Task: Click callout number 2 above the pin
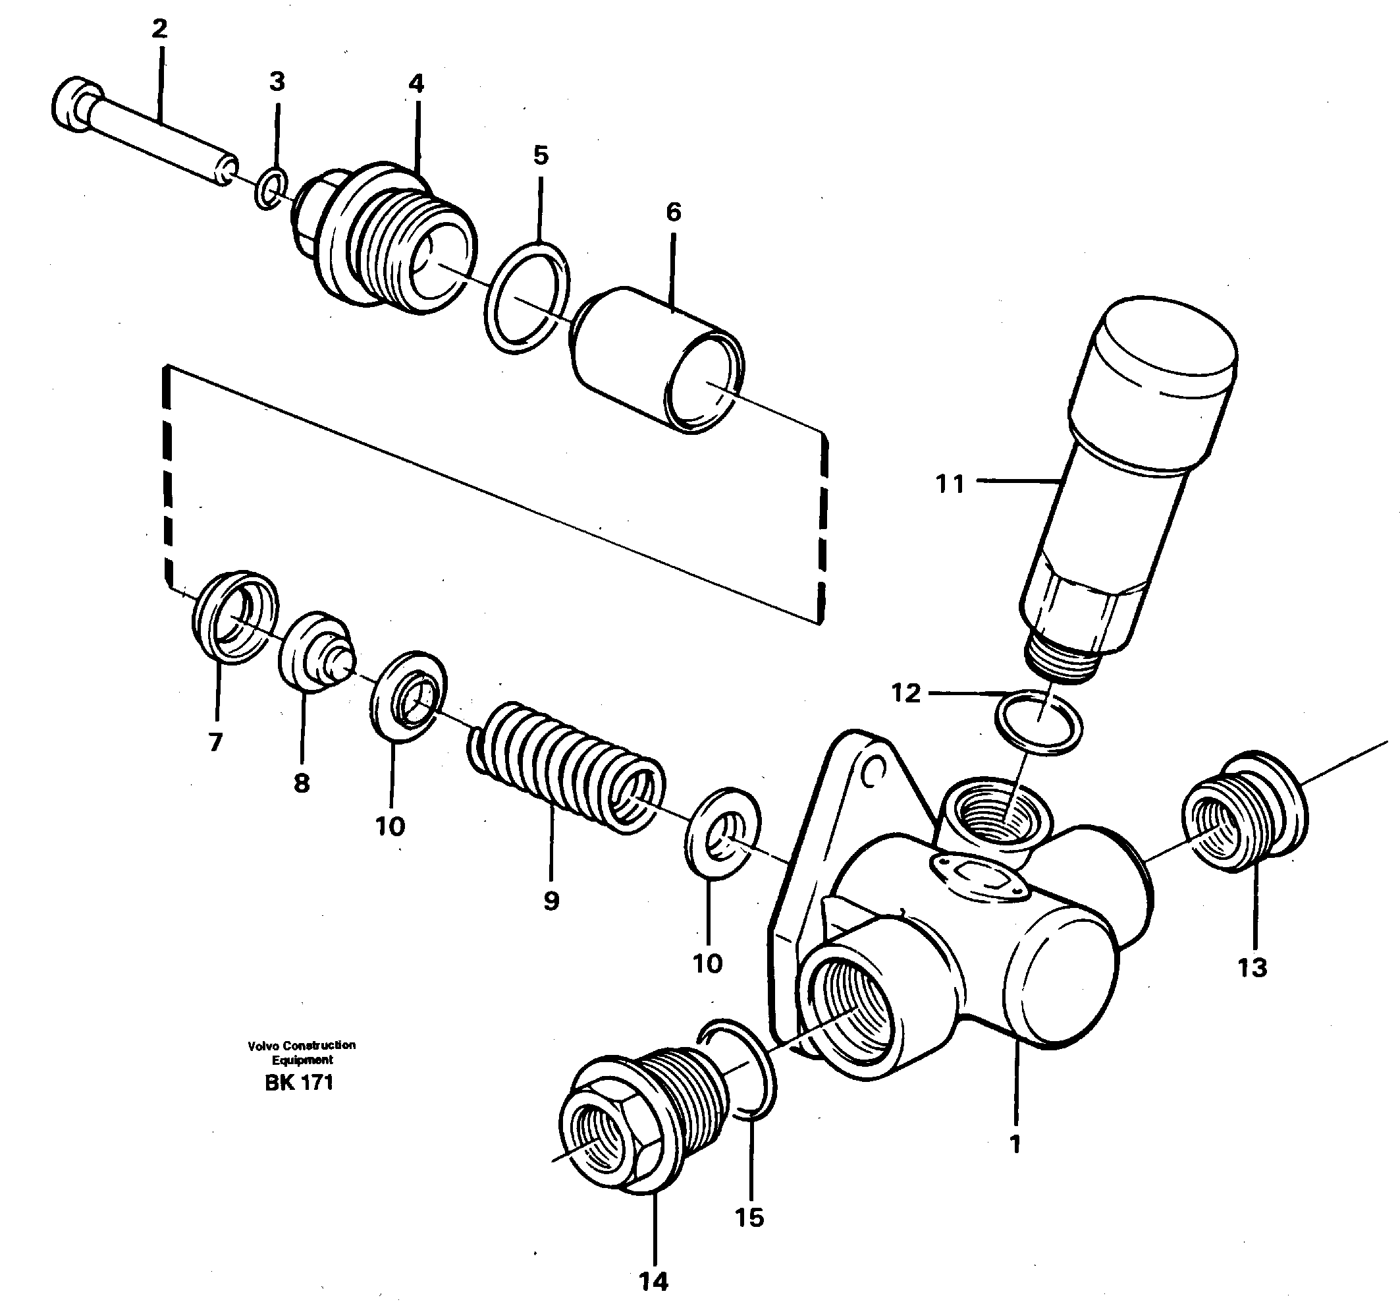point(160,30)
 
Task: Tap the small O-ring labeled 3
point(271,190)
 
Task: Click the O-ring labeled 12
point(1038,723)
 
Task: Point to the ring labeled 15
point(740,1068)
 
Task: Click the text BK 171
point(298,1083)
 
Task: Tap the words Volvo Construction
point(302,1046)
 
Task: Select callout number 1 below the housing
point(1015,1145)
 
